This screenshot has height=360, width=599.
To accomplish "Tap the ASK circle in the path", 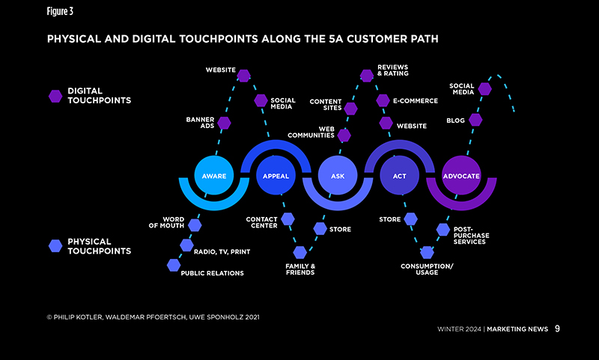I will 338,176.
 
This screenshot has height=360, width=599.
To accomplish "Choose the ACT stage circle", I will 399,176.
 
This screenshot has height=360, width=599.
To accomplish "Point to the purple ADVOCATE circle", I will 461,176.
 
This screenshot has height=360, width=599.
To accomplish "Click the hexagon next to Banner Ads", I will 224,123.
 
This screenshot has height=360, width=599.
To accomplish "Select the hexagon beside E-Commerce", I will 383,100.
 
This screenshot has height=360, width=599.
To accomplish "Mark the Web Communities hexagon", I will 344,135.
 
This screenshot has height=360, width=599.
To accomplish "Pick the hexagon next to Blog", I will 475,120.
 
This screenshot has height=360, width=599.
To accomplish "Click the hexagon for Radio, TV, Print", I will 186,245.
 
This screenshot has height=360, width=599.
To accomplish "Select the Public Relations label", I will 213,273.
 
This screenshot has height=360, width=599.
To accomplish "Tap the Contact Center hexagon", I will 288,219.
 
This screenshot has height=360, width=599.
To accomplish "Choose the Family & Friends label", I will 299,269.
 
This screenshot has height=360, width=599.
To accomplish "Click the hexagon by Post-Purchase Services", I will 443,230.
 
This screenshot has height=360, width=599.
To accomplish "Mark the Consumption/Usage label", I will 427,269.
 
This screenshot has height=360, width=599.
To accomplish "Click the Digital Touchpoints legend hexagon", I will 55,96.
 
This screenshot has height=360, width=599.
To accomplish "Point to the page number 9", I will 557,328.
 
